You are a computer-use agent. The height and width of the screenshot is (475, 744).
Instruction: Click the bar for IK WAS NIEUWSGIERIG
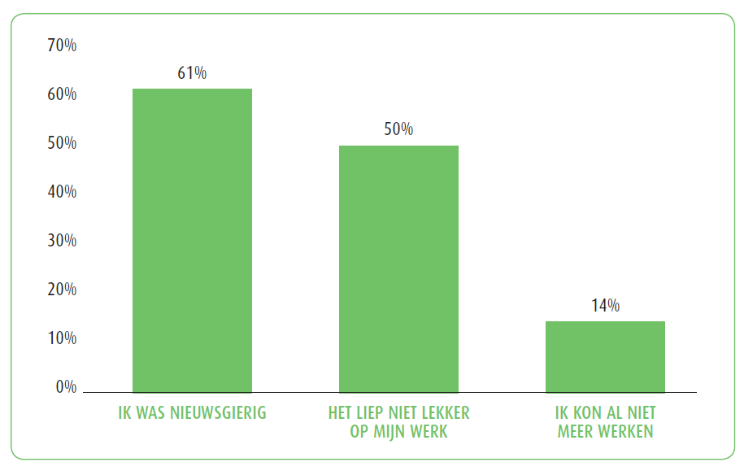(192, 241)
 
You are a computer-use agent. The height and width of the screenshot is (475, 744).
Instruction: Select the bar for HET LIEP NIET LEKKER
(398, 269)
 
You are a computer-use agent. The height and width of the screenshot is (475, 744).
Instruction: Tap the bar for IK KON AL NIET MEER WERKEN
(605, 357)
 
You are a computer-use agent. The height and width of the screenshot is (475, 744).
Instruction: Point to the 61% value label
(192, 73)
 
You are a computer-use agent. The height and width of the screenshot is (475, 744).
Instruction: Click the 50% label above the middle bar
(398, 129)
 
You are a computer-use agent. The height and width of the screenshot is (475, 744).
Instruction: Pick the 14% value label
(605, 306)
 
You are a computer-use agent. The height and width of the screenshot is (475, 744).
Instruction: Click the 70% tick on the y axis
(62, 46)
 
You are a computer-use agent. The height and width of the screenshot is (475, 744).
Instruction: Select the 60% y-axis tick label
(62, 94)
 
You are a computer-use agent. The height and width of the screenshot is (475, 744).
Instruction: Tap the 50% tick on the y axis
(62, 143)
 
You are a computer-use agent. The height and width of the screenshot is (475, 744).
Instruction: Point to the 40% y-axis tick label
(62, 192)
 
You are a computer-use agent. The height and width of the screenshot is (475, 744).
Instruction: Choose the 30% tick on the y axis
(62, 241)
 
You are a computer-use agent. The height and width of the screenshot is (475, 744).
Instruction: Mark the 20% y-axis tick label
(62, 290)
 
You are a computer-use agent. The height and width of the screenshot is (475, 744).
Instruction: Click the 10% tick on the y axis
(62, 338)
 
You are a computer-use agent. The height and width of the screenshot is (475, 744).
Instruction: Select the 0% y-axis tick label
(66, 387)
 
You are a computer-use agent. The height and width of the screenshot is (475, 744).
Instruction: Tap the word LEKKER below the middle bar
(443, 413)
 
